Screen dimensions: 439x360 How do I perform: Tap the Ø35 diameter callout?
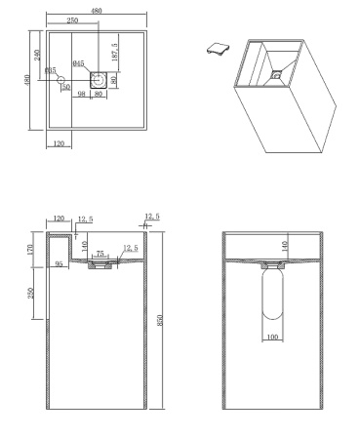coord(51,70)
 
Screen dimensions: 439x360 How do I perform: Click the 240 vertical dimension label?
coord(38,56)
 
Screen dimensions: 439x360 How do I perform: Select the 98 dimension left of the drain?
coord(82,95)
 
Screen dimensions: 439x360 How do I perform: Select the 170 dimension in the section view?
coord(33,249)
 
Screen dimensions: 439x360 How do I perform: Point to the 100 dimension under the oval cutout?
coord(273,337)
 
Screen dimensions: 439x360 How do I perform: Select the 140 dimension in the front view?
coord(284,247)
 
